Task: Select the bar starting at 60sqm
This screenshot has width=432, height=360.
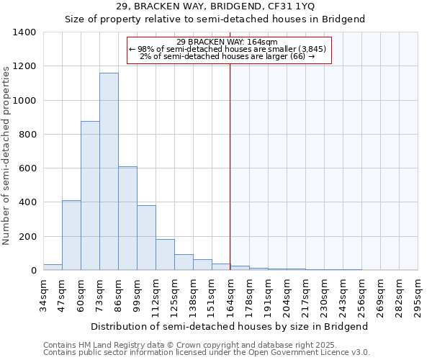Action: point(90,196)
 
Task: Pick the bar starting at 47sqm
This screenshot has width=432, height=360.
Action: point(71,235)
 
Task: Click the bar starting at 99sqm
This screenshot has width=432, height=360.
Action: point(146,238)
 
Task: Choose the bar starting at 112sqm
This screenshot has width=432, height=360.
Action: point(165,255)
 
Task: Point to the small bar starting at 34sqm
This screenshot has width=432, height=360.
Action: point(53,267)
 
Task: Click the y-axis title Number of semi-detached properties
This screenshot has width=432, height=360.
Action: point(6,155)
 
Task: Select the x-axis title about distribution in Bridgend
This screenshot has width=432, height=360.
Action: point(230,326)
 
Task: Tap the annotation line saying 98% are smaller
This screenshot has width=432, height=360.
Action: point(228,49)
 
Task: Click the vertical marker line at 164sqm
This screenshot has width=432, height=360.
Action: point(230,180)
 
